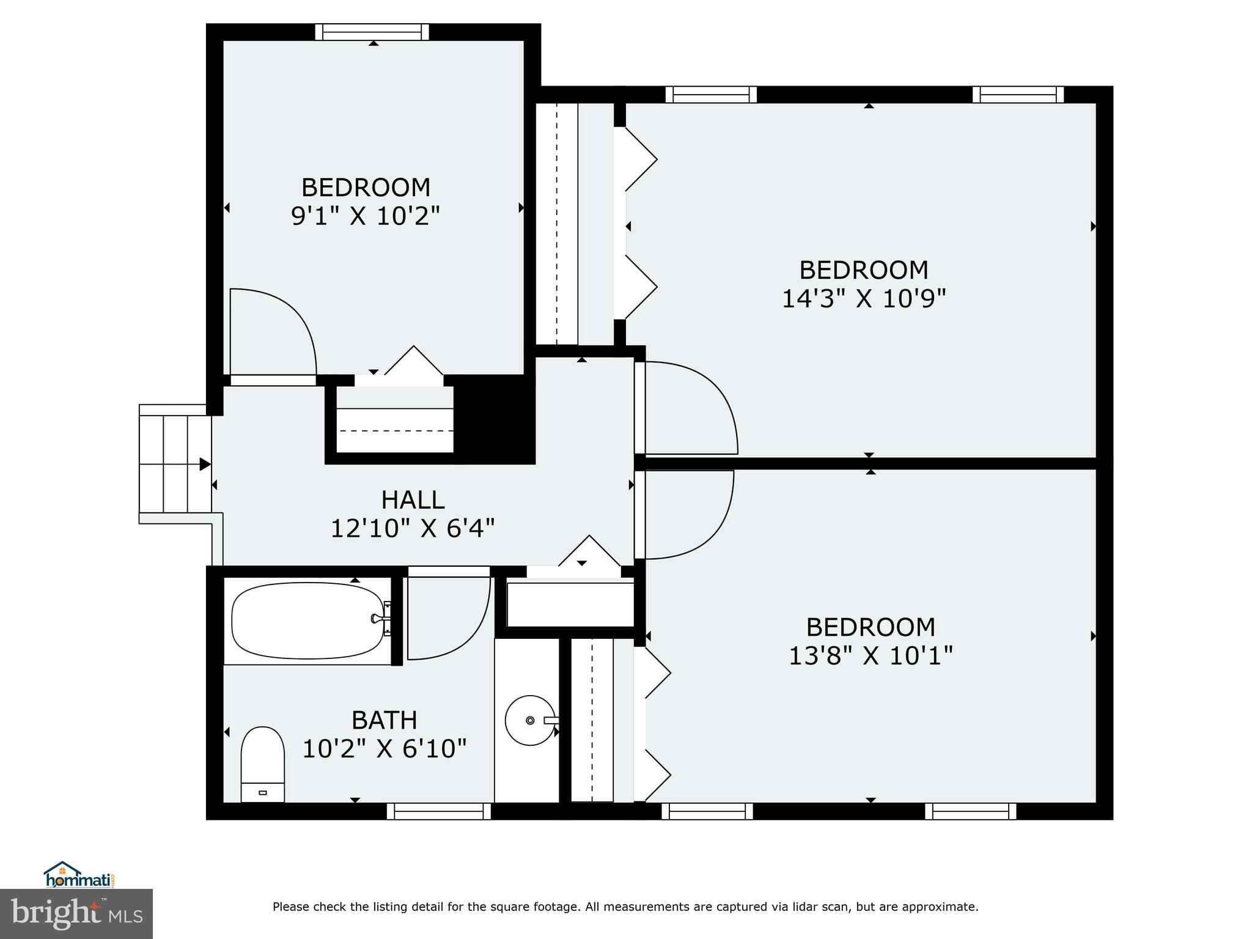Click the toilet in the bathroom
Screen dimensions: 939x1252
click(x=262, y=764)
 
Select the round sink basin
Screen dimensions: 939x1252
click(x=529, y=720)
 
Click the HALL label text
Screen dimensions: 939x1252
click(x=413, y=500)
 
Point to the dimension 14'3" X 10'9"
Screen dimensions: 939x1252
click(x=864, y=299)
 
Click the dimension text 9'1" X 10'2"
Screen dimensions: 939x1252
click(x=366, y=216)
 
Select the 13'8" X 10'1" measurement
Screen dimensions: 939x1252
click(x=871, y=656)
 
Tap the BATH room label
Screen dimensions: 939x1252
click(x=384, y=720)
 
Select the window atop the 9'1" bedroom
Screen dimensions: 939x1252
click(x=372, y=32)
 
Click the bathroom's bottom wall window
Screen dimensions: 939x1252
click(x=438, y=811)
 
